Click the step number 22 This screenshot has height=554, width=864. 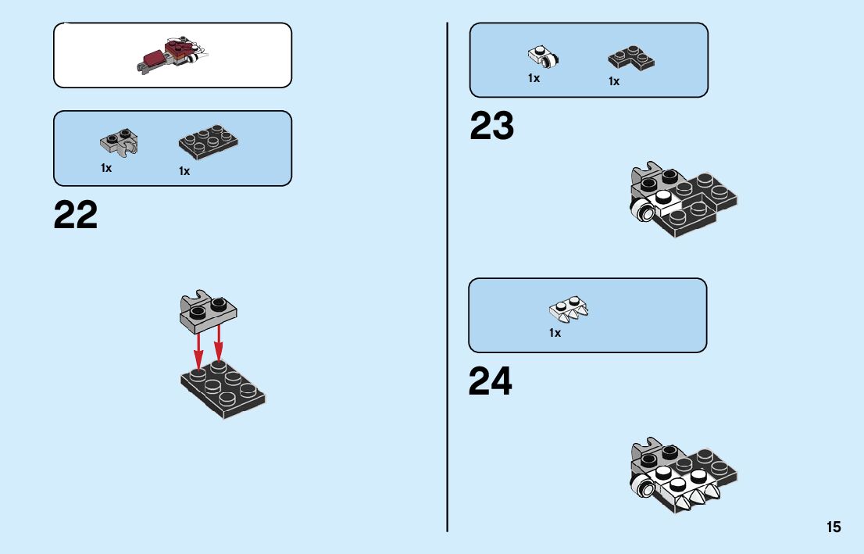click(76, 216)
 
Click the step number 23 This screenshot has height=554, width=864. click(492, 127)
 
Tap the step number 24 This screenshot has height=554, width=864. click(491, 381)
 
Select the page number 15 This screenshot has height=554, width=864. click(834, 527)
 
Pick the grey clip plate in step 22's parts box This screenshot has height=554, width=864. click(120, 141)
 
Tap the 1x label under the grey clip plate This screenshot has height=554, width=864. click(106, 168)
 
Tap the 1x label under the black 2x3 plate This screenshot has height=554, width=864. click(184, 171)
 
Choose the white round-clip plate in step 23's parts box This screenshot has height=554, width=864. click(544, 56)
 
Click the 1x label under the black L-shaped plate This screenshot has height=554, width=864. click(614, 81)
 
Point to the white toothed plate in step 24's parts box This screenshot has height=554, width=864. click(569, 309)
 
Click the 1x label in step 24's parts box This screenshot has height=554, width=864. click(555, 333)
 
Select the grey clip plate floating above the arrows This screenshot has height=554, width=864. click(209, 309)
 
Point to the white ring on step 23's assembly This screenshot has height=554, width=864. click(643, 209)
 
